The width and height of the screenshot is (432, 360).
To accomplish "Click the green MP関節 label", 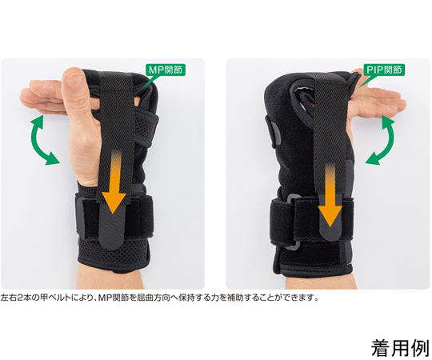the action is [166, 70].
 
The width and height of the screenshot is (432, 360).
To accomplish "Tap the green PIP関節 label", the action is [384, 70].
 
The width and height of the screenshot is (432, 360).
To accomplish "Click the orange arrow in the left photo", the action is [114, 182].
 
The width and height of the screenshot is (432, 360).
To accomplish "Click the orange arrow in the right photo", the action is [330, 195].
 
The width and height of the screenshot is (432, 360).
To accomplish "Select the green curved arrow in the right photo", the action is [383, 141].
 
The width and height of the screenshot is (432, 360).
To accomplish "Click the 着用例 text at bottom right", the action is [400, 348].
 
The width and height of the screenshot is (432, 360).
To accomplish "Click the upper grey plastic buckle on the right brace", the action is [294, 198].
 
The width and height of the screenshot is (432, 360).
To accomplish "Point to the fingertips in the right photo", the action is [399, 101].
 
